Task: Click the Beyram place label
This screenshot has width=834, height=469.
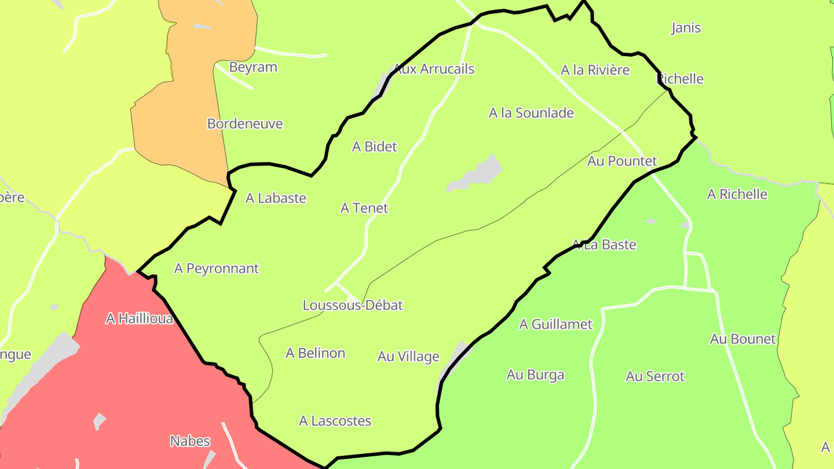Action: point(253,67)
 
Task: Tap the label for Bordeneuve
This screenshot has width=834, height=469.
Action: point(245,124)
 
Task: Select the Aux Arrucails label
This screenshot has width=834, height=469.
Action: point(434,69)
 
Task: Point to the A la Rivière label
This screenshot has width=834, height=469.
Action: point(595,70)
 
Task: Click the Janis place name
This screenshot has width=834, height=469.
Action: point(686,28)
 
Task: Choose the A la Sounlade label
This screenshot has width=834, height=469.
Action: point(531,113)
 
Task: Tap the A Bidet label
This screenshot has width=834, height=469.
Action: point(374,147)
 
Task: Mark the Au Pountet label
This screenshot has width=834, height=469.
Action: point(622,161)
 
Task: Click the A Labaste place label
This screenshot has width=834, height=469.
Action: point(276,198)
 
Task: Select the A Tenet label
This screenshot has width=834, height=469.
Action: point(364,208)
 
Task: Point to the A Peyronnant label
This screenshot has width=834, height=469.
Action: point(217,269)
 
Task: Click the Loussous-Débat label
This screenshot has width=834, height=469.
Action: point(353,305)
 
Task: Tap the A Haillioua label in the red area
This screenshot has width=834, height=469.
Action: point(139,318)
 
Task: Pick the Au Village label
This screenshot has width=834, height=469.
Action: point(408,357)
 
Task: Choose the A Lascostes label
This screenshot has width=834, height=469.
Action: point(335,421)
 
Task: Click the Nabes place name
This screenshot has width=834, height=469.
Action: point(190,441)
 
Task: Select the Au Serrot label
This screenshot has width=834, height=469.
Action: point(655,376)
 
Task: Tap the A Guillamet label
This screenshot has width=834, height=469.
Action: point(555,324)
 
